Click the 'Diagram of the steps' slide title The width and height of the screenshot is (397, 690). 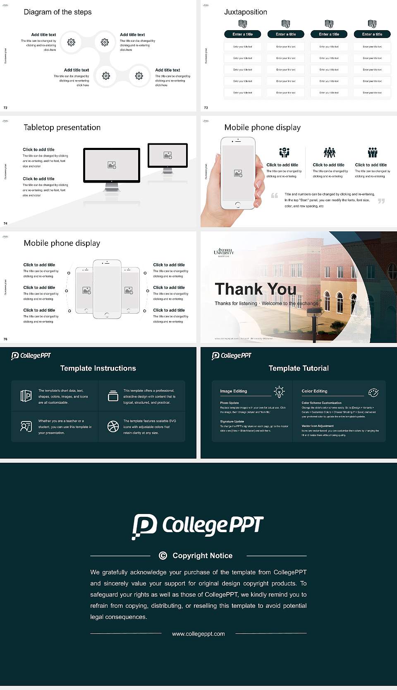(57, 12)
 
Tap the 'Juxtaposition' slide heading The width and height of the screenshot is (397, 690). (245, 12)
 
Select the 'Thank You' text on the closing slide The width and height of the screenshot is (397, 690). (256, 289)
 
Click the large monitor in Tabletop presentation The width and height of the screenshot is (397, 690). (112, 165)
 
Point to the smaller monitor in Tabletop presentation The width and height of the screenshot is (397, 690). (167, 155)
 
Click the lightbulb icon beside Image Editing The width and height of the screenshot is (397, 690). (279, 392)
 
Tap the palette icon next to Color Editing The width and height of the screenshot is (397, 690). (373, 392)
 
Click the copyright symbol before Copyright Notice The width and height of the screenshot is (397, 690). (163, 556)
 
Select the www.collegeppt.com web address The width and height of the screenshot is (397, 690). (198, 634)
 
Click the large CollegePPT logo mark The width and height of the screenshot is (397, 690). (144, 526)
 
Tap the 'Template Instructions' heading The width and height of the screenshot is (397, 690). (98, 368)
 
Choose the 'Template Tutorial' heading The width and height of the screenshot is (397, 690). (299, 368)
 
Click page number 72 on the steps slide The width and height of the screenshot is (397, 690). (5, 107)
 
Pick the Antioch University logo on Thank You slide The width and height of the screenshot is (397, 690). (224, 252)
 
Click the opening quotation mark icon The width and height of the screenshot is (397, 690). (274, 195)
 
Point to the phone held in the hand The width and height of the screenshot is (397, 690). (237, 173)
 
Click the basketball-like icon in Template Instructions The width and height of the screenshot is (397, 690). (113, 426)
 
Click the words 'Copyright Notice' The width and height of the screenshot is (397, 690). (202, 556)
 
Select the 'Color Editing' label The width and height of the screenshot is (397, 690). (314, 391)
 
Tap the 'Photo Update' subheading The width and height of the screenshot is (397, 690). (230, 403)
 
